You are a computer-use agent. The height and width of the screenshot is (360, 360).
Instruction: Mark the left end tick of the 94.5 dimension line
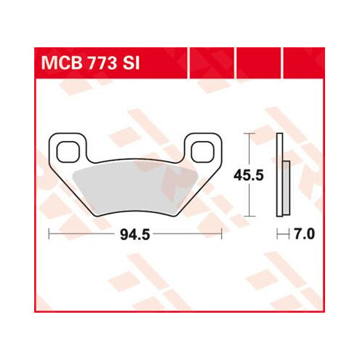[49, 234]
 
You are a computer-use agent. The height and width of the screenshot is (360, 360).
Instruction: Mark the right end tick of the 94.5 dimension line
[221, 234]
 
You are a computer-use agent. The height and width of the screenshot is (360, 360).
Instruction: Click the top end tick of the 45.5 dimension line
[252, 135]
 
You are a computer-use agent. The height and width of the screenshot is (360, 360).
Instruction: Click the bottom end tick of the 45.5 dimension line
[252, 216]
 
